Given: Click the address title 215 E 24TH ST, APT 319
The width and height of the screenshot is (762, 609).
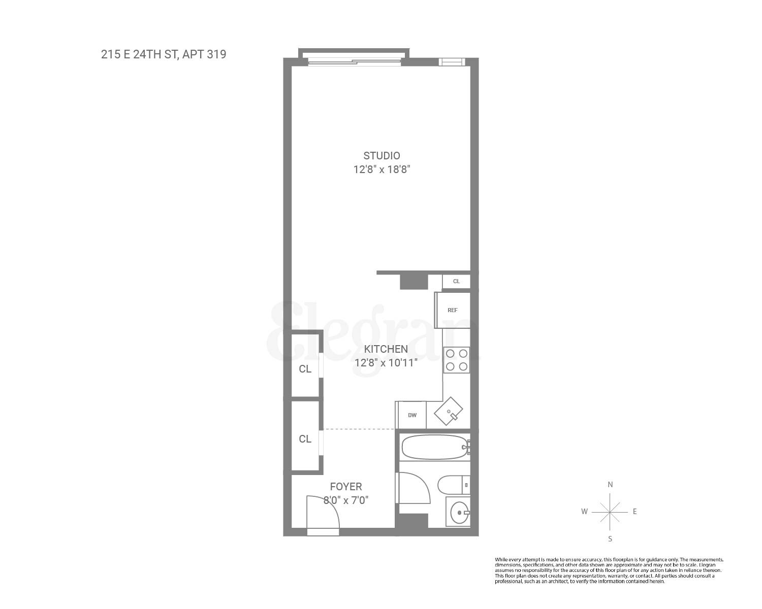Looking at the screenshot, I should click(164, 54).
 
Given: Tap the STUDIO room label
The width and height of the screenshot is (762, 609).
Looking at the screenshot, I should click(382, 156).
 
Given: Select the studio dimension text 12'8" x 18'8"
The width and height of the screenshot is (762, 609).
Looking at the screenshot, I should click(382, 170).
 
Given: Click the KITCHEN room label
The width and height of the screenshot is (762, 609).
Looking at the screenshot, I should click(386, 349).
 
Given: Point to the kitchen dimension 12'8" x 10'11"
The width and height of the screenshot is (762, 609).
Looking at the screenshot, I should click(386, 363).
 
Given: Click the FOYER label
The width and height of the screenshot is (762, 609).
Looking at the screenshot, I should click(346, 487).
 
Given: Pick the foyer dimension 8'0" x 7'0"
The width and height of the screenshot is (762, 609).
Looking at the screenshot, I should click(346, 500).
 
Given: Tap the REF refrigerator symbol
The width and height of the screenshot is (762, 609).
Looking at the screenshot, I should click(453, 310).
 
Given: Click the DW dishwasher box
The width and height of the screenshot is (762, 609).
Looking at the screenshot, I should click(412, 415).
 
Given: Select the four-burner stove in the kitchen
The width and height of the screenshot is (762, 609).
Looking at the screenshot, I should click(456, 360).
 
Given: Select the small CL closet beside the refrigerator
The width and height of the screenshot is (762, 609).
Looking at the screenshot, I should click(456, 281).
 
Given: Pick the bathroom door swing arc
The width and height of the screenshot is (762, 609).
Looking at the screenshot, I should click(414, 488).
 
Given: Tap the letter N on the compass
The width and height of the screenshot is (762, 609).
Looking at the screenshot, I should click(610, 485).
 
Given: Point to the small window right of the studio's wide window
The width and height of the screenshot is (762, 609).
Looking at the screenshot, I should click(452, 62).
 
